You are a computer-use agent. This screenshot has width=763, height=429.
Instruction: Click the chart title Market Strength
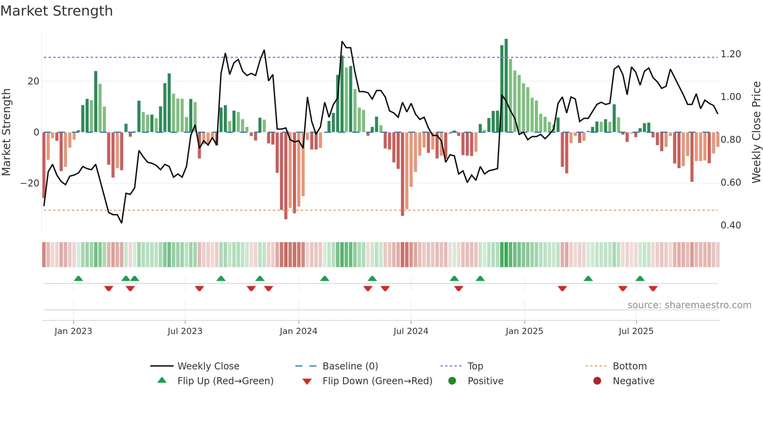click(x=56, y=11)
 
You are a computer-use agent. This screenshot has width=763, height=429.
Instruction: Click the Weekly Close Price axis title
click(x=756, y=132)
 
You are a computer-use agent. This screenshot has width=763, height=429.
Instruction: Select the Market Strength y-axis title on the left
click(x=6, y=132)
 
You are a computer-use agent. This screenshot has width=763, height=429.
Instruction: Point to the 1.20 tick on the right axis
click(x=730, y=54)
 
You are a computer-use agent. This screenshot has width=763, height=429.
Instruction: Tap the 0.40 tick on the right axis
click(x=730, y=225)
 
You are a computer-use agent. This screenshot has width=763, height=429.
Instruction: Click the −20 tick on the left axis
click(x=30, y=183)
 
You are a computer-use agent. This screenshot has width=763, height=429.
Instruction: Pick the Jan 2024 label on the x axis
click(x=298, y=331)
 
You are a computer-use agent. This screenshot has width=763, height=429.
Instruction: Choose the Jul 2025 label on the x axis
click(x=636, y=331)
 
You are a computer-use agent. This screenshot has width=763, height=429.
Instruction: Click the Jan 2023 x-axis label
click(x=73, y=331)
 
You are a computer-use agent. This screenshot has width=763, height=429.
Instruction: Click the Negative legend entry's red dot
click(x=597, y=381)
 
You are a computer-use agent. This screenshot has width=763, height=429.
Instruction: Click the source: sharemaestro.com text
click(x=689, y=305)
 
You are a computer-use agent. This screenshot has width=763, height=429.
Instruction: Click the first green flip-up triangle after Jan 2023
click(x=78, y=278)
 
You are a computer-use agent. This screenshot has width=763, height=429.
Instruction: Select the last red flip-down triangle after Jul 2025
click(x=653, y=288)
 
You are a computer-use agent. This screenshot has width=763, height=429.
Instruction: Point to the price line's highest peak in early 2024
click(x=342, y=42)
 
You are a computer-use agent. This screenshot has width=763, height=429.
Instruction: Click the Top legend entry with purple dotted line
click(x=475, y=366)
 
